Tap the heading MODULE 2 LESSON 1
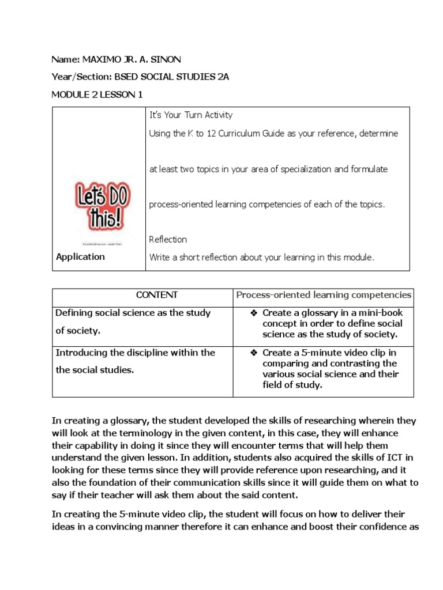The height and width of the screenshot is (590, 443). click(97, 95)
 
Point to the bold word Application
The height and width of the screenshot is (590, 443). click(80, 257)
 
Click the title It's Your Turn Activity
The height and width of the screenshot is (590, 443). click(190, 115)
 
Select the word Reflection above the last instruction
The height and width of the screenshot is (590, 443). click(168, 239)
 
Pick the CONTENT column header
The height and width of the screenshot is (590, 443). click(156, 295)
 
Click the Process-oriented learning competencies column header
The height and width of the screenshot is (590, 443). click(324, 295)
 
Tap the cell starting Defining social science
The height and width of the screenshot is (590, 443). click(133, 322)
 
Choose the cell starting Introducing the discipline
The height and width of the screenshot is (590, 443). click(135, 361)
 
